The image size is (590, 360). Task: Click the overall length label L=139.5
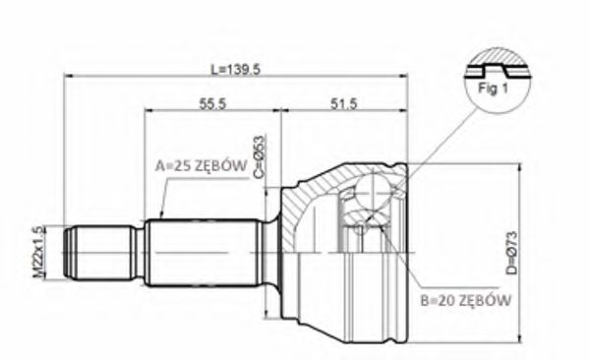235,70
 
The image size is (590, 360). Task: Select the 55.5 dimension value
212,103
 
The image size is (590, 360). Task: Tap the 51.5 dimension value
343,103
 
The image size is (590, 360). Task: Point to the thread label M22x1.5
39,252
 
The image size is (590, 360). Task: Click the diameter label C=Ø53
260,156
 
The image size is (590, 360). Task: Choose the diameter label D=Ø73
511,253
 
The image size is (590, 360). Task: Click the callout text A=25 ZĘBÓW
202,165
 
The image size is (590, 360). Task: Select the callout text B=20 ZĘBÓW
466,300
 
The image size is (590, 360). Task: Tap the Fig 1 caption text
493,89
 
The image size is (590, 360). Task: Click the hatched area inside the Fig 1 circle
496,59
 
